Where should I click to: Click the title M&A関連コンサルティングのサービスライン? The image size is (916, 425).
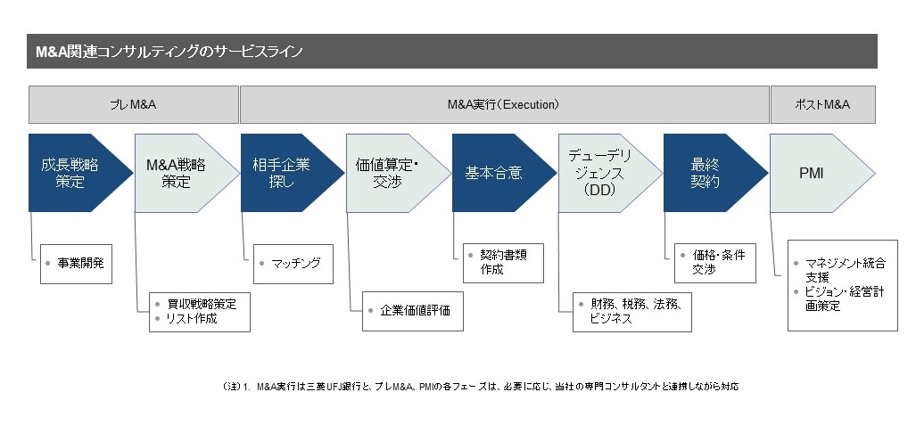pos(169,52)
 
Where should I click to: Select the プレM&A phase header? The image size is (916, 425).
pos(134,105)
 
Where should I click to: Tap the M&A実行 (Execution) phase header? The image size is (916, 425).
pos(504,105)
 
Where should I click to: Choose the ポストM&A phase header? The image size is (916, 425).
pos(822,105)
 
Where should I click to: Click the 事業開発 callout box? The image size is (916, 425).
pos(76,264)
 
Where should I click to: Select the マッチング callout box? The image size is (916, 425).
pos(293,264)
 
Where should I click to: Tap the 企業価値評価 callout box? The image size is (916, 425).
pos(412,311)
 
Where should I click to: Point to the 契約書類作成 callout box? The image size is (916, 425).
pos(504,264)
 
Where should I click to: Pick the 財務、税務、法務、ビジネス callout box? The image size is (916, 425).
pos(632,312)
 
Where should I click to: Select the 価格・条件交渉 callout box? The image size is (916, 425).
pos(715,264)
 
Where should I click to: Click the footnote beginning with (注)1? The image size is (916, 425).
pos(480,387)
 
